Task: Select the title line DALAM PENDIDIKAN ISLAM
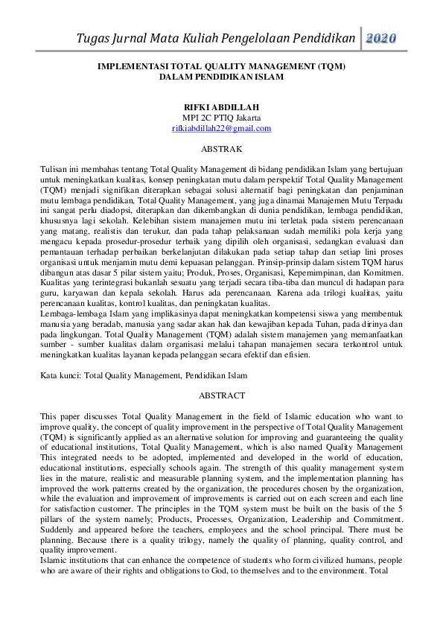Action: (x=221, y=76)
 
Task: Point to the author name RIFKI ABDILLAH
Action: (x=221, y=107)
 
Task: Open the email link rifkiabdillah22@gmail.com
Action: (x=221, y=128)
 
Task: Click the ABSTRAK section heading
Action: (x=221, y=149)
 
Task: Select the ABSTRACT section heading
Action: (x=221, y=395)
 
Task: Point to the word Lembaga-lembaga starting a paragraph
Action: (x=73, y=316)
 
